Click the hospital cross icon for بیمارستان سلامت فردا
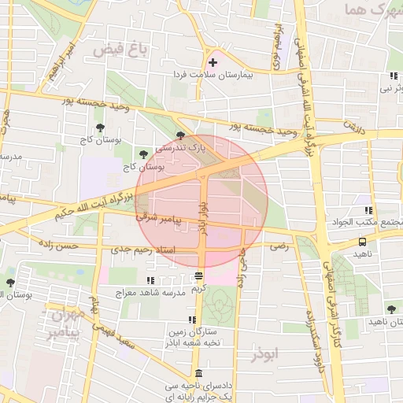point(213,62)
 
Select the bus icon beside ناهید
point(362,242)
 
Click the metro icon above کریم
point(198,276)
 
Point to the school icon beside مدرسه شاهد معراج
point(150,280)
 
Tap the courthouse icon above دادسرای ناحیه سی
point(198,373)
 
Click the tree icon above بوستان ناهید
point(391,310)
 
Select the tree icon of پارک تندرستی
point(181,136)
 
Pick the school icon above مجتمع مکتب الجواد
point(368,210)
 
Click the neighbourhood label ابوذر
point(267,354)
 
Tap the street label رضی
point(279,246)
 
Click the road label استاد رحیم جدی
point(135,249)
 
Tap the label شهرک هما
point(368,11)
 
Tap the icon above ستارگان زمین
point(191,320)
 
